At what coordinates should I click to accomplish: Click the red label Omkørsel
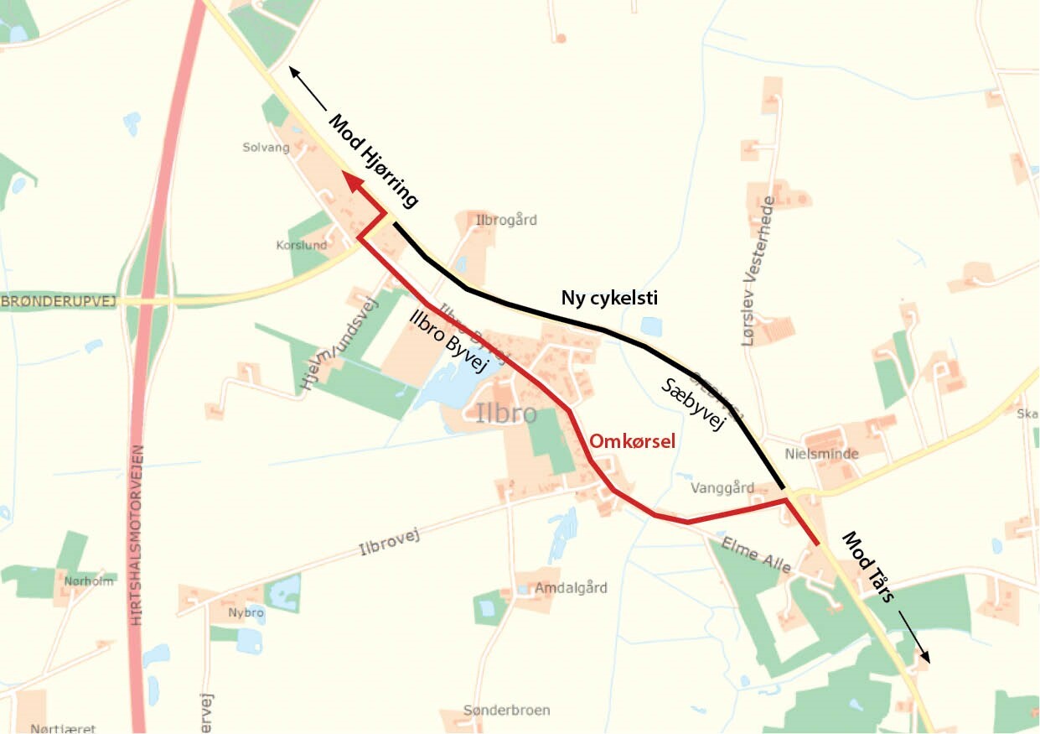coord(632,441)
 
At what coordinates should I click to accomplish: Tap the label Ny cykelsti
coord(609,298)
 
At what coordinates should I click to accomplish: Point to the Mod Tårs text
coord(869,566)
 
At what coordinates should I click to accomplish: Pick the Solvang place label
coord(266,148)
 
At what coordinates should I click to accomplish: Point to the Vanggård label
coord(723,488)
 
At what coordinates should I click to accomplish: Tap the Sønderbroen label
coord(507,711)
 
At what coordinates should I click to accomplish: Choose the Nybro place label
coord(246,613)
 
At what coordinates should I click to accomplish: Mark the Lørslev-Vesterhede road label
coord(758,271)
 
